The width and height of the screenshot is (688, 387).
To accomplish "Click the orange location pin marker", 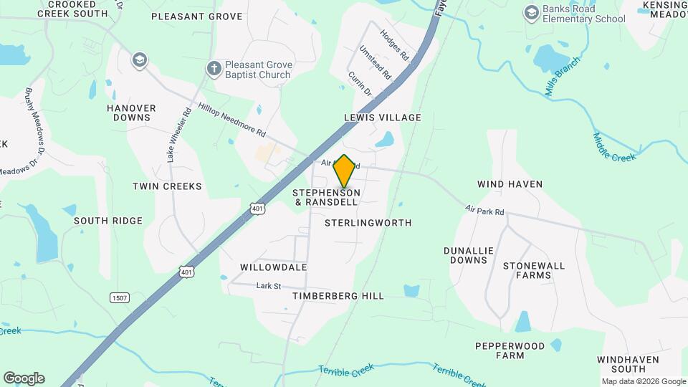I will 345,171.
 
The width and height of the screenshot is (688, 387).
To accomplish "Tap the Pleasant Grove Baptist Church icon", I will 214,69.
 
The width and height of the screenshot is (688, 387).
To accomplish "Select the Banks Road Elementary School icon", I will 531,13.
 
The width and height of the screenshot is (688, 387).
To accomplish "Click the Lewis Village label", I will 382,117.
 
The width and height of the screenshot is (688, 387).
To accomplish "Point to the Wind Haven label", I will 510,184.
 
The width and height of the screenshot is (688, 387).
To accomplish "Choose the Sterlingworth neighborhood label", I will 368,223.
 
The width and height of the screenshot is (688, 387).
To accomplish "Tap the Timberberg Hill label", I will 338,295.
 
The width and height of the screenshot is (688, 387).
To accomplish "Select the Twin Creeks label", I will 167,186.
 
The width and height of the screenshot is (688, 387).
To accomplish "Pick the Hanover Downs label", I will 131,113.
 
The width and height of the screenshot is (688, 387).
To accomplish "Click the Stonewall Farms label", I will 533,270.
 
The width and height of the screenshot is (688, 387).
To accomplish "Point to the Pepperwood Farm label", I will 510,350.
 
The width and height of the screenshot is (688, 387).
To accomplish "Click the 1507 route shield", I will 119,297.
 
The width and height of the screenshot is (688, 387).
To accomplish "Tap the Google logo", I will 24,378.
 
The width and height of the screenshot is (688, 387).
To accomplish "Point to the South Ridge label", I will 108,221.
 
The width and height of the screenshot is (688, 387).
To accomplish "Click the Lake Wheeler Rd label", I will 178,134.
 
